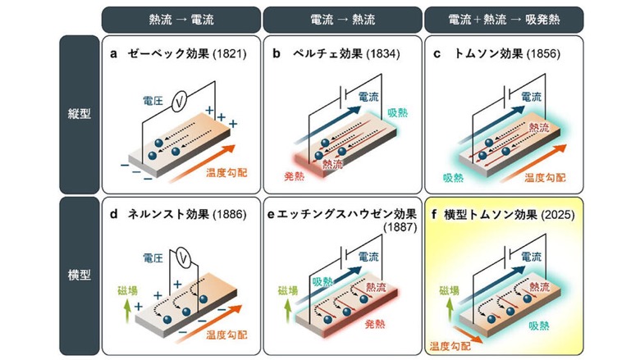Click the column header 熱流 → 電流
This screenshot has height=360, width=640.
pyautogui.click(x=181, y=20)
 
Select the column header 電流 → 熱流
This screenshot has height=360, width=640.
pyautogui.click(x=342, y=20)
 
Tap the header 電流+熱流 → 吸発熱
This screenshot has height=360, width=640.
pyautogui.click(x=504, y=20)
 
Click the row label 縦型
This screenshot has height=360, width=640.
pyautogui.click(x=80, y=114)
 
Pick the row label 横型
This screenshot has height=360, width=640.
pyautogui.click(x=80, y=276)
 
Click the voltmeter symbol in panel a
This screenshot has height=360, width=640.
pyautogui.click(x=179, y=101)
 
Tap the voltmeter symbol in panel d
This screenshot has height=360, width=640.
pyautogui.click(x=183, y=257)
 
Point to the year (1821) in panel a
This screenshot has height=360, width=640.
pyautogui.click(x=230, y=54)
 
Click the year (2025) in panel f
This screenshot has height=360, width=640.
pyautogui.click(x=558, y=215)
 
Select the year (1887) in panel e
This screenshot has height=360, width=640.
pyautogui.click(x=400, y=227)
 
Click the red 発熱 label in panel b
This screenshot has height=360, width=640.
pyautogui.click(x=295, y=176)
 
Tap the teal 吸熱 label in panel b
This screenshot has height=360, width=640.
pyautogui.click(x=398, y=112)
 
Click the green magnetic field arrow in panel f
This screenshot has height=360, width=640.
pyautogui.click(x=450, y=308)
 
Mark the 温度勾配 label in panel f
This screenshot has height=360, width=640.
pyautogui.click(x=450, y=347)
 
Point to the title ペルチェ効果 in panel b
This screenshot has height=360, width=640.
pyautogui.click(x=327, y=54)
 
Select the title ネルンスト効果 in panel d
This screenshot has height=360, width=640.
pyautogui.click(x=168, y=215)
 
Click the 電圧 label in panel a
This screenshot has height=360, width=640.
pyautogui.click(x=153, y=101)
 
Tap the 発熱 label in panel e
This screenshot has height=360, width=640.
pyautogui.click(x=375, y=324)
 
